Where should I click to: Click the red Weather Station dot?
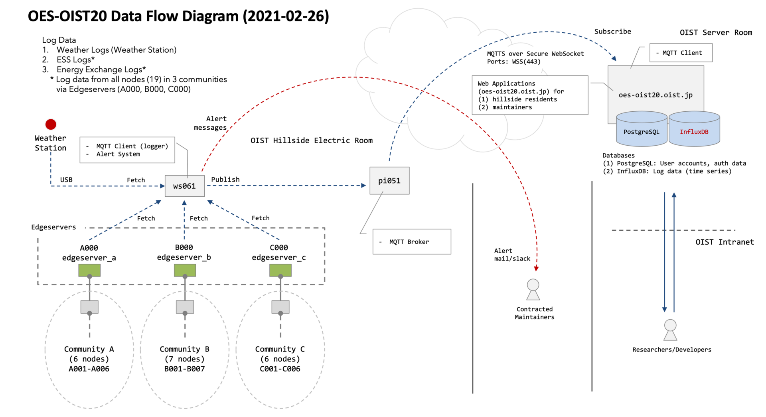pos(51,125)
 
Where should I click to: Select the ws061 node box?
pos(185,186)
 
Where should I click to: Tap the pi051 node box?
pos(389,181)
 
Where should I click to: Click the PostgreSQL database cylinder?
pos(642,130)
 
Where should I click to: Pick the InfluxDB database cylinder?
pos(694,130)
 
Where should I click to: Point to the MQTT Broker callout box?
pos(412,241)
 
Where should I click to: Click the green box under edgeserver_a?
pos(89,271)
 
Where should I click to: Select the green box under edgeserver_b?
pos(185,271)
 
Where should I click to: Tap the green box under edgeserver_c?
pos(280,271)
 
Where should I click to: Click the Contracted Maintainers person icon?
pos(533,290)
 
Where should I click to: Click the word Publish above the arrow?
pos(225,180)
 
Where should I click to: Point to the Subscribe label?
pos(613,32)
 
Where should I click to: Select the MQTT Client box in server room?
pos(681,53)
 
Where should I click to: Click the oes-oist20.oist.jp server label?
pos(655,95)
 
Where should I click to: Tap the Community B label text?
pos(184,349)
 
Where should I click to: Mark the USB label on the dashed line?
pos(66,180)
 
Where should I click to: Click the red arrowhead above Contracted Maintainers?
pos(536,269)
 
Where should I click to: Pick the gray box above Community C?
pos(280,307)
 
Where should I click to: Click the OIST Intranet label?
pos(725,242)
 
